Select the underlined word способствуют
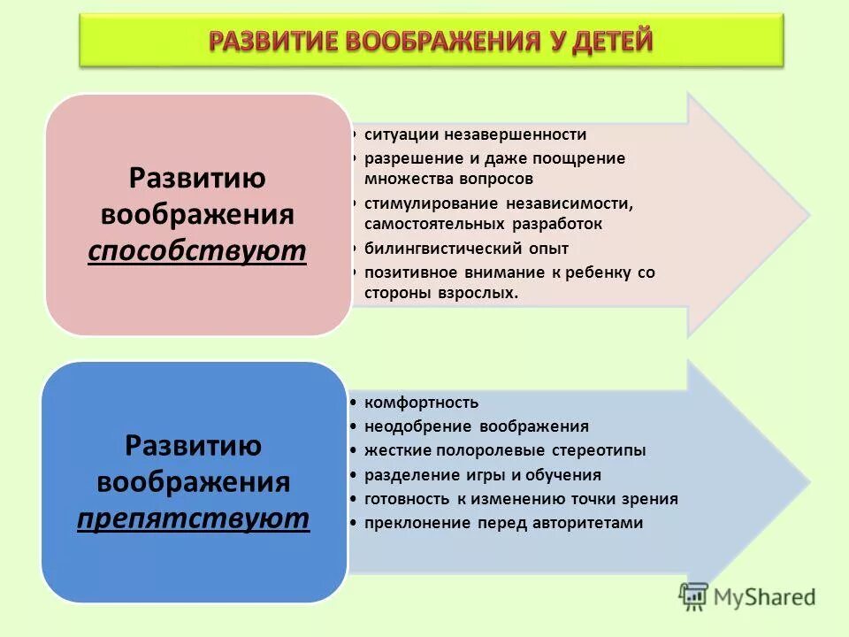point(197,251)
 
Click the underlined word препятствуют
point(194,518)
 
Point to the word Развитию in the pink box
point(197,177)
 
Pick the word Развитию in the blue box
point(194,445)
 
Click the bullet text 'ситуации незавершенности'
point(476,134)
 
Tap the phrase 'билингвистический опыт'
point(466,248)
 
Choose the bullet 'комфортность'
point(421,403)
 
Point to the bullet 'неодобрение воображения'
point(476,426)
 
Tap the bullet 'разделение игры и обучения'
point(482,475)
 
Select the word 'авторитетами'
point(587,523)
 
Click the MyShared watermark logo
point(747,597)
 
